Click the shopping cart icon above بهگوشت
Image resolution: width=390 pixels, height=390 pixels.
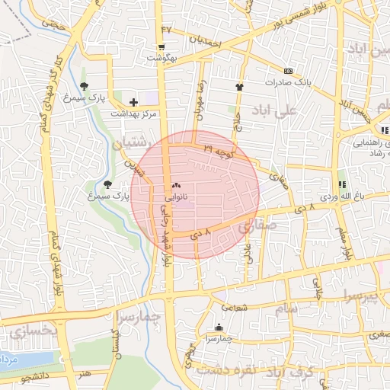(x=161, y=46)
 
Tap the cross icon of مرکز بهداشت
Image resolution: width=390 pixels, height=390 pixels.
(x=134, y=101)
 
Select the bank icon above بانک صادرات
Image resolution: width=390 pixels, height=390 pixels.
(x=288, y=70)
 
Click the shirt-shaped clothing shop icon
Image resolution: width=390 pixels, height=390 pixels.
(x=241, y=87)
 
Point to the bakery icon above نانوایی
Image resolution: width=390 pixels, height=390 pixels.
(x=177, y=185)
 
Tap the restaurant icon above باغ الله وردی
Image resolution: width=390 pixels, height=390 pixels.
(x=341, y=184)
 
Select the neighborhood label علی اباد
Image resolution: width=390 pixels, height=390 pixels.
(x=302, y=112)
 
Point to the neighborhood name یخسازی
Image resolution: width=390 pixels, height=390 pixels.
(x=34, y=330)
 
